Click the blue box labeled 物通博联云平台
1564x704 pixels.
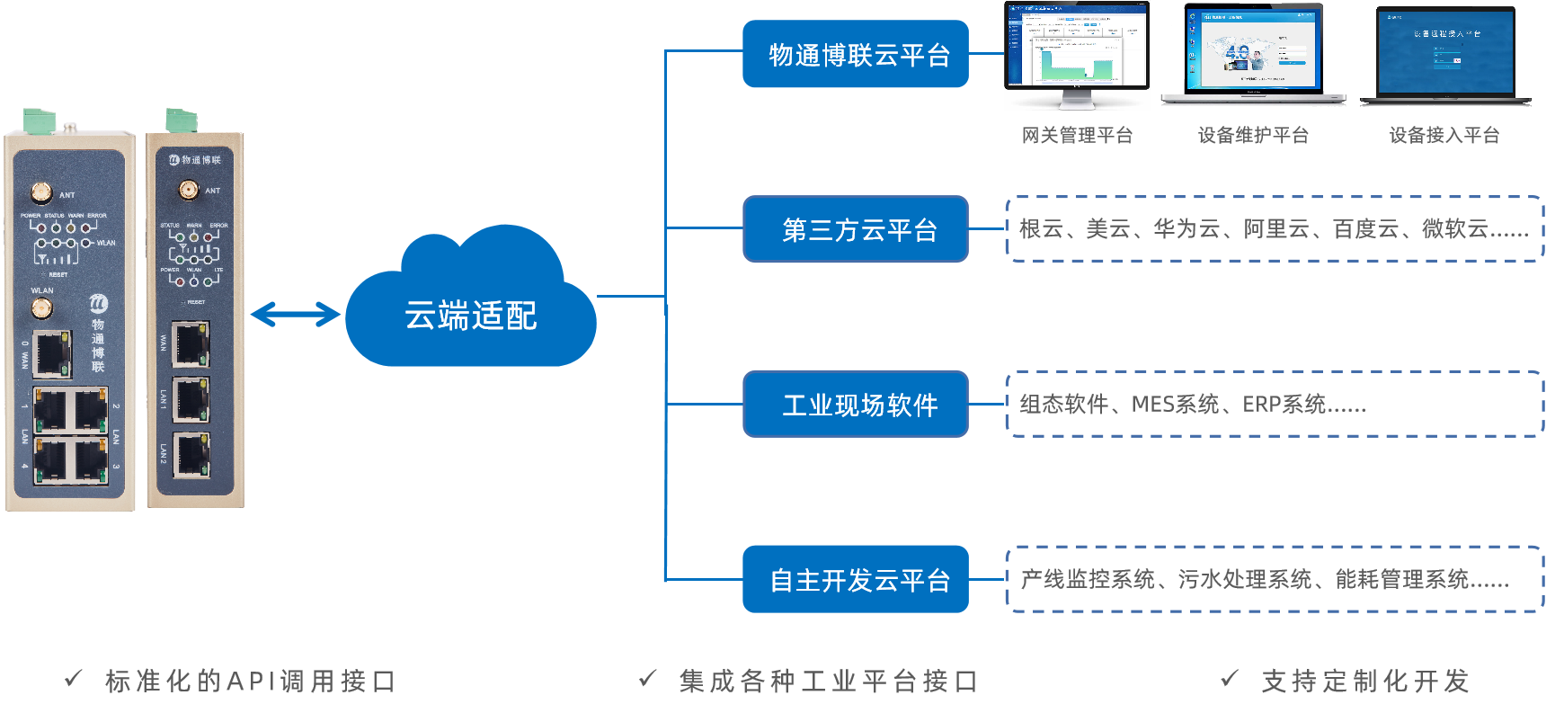pos(855,54)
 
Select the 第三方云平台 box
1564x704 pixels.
pos(855,229)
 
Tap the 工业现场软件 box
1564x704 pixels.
pos(855,405)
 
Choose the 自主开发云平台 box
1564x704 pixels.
pos(855,579)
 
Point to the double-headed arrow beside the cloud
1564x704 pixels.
pos(296,315)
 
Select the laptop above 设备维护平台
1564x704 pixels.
pos(1253,52)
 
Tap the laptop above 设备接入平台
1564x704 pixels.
pos(1445,54)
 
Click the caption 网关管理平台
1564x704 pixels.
pos(1077,135)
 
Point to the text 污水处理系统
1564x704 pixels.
pos(1245,579)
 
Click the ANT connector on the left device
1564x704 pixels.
pos(41,192)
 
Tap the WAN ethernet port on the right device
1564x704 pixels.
pos(191,343)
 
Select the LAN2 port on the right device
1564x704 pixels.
pos(191,454)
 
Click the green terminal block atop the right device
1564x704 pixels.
pos(182,120)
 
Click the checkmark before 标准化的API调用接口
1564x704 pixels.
pos(74,679)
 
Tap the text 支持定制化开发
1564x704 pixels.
pos(1365,681)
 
